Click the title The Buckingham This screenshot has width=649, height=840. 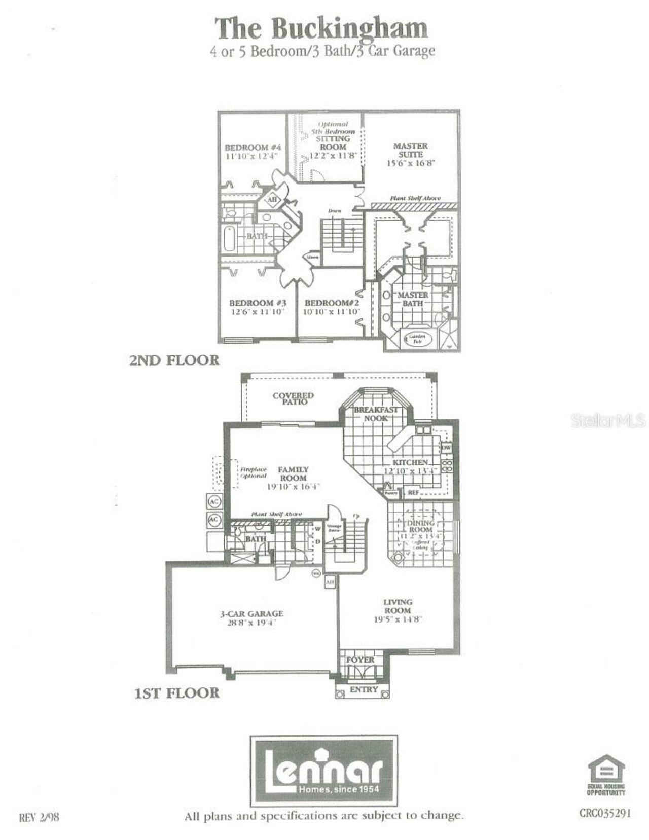(321, 28)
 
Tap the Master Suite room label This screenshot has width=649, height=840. (410, 150)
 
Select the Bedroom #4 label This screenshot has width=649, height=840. (253, 148)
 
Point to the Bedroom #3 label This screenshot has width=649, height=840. (258, 304)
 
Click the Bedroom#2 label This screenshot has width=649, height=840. (332, 304)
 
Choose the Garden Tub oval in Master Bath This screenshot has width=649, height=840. (417, 339)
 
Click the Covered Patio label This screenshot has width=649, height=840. (293, 398)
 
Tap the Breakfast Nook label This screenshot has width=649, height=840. (376, 414)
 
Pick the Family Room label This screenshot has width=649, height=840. (293, 474)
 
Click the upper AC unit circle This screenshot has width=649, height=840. (214, 501)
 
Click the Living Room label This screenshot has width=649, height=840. (398, 606)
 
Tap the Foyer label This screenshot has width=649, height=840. (360, 660)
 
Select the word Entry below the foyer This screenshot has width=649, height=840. (364, 689)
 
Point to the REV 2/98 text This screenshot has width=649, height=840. (39, 817)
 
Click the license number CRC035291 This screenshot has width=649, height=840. (605, 813)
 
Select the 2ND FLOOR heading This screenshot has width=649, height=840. (174, 360)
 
